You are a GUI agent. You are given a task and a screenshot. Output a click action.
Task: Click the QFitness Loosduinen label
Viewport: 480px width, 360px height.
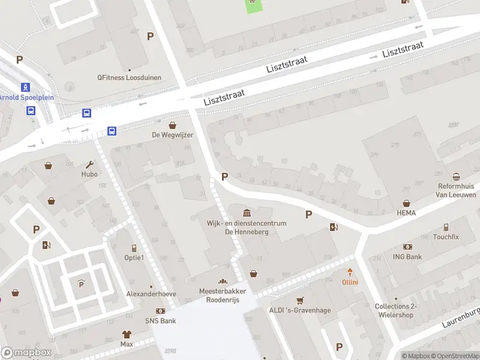127,77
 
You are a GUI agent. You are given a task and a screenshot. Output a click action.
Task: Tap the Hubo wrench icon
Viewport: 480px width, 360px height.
90,164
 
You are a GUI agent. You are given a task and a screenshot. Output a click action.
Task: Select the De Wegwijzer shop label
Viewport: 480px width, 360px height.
172,135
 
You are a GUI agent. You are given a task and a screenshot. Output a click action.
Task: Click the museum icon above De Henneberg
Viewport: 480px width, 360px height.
247,213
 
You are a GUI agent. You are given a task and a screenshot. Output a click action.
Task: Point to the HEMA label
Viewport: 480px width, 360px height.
406,213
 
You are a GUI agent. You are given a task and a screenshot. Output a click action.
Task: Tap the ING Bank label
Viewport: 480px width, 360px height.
408,257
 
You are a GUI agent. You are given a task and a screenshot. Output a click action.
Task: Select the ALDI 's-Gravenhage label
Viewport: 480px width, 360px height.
300,310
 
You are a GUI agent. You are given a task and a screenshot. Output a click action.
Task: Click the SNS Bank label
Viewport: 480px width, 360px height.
160,321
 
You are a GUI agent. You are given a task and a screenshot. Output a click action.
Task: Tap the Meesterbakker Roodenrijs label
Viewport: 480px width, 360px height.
223,295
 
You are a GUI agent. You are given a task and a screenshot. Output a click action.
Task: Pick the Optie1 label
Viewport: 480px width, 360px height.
134,257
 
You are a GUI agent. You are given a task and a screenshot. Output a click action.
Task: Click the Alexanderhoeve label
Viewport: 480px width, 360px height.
151,294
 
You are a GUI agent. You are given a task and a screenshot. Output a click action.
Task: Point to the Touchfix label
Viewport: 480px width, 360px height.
446,237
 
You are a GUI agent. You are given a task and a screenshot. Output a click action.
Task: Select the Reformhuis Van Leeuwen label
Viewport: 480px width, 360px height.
456,191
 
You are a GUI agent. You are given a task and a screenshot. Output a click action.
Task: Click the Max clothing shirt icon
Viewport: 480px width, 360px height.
127,334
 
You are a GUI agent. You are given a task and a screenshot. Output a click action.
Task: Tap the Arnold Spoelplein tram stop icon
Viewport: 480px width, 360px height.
25,87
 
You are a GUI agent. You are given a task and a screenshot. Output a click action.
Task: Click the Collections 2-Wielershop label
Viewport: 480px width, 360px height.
395,310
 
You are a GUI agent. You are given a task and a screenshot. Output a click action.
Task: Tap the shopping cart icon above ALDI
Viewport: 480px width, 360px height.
300,300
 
